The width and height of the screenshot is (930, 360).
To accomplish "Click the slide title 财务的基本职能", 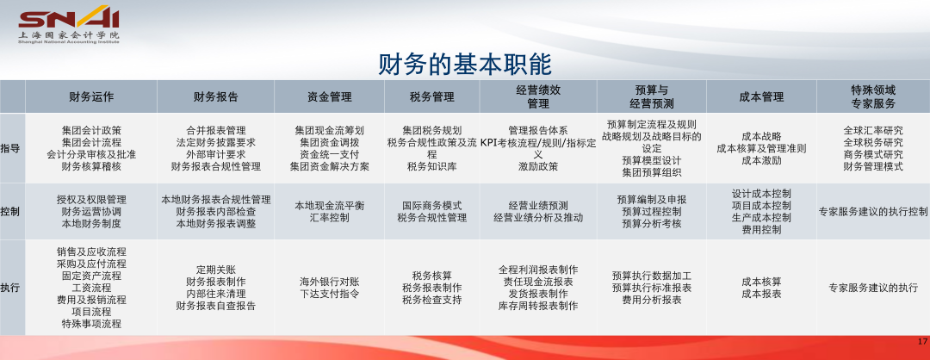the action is click(x=465, y=64).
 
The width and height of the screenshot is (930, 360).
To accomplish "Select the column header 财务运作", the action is click(x=91, y=96).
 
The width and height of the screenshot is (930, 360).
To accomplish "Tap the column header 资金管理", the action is click(x=329, y=96).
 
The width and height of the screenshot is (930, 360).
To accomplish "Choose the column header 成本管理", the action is click(x=761, y=96).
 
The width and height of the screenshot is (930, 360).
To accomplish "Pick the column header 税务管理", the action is click(x=431, y=96).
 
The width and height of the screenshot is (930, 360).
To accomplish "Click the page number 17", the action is click(x=921, y=342).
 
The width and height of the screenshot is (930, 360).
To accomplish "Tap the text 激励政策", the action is click(x=538, y=167).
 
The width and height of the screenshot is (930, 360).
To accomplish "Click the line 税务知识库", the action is click(x=431, y=167).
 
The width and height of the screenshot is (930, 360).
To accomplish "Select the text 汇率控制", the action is click(x=329, y=218).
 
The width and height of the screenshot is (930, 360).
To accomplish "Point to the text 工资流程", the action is click(x=91, y=288).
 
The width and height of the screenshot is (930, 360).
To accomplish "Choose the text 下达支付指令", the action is click(x=329, y=294).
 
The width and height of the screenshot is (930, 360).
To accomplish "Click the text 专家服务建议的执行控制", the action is click(x=873, y=211).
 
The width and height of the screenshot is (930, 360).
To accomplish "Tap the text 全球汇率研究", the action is click(x=873, y=130).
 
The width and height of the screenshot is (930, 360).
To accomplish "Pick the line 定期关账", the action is click(x=216, y=270).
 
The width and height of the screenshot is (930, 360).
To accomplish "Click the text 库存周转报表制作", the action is click(x=538, y=306).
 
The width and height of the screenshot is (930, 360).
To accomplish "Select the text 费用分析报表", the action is click(x=652, y=300).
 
